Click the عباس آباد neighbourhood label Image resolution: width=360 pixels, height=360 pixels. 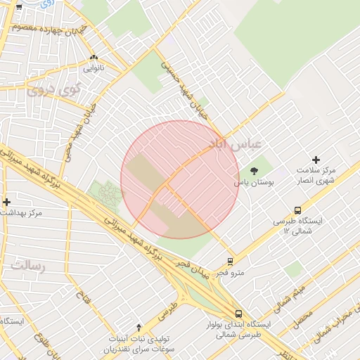tap(236, 143)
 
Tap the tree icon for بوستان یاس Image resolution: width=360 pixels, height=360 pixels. tap(254, 170)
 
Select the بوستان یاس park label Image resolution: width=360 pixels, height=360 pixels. tap(255, 181)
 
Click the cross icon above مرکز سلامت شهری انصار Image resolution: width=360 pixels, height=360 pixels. tap(316, 160)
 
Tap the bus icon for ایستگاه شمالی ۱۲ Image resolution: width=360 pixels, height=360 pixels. tap(298, 210)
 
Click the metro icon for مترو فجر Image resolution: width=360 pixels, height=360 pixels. tap(231, 262)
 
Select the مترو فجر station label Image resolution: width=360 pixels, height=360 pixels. tap(231, 273)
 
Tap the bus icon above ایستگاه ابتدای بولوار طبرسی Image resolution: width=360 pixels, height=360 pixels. tap(238, 314)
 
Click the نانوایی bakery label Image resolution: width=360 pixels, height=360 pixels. tap(94, 68)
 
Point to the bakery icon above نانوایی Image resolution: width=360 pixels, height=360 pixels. tap(94, 58)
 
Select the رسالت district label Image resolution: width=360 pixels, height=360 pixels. tap(28, 266)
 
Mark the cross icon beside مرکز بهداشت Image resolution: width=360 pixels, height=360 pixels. tap(6, 202)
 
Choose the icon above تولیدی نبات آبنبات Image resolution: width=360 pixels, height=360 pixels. tap(139, 327)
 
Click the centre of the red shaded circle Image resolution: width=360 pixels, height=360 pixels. tap(180, 179)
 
